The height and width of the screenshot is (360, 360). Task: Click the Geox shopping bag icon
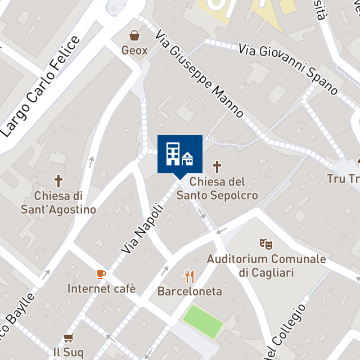tap(134, 36)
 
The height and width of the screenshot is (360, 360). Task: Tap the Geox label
tap(134, 51)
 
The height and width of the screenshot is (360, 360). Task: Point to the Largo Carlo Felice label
tap(40, 87)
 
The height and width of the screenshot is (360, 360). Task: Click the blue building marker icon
tap(180, 153)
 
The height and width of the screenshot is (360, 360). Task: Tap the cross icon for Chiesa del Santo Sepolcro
tap(217, 167)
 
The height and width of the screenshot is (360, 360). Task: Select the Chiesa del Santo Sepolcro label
tap(217, 189)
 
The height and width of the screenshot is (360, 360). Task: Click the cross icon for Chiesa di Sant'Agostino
tap(58, 181)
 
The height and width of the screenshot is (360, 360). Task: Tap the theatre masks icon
tap(265, 244)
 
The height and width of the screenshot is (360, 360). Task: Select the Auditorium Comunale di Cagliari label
tap(266, 265)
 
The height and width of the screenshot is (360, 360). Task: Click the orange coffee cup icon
tap(101, 274)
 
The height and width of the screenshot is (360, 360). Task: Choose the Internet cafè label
tap(102, 289)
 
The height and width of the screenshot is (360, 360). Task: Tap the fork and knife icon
tap(190, 277)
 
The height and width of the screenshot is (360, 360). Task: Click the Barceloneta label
tap(190, 292)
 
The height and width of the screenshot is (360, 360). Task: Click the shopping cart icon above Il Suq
tap(69, 337)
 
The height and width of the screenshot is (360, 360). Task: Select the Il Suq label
tap(69, 353)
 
